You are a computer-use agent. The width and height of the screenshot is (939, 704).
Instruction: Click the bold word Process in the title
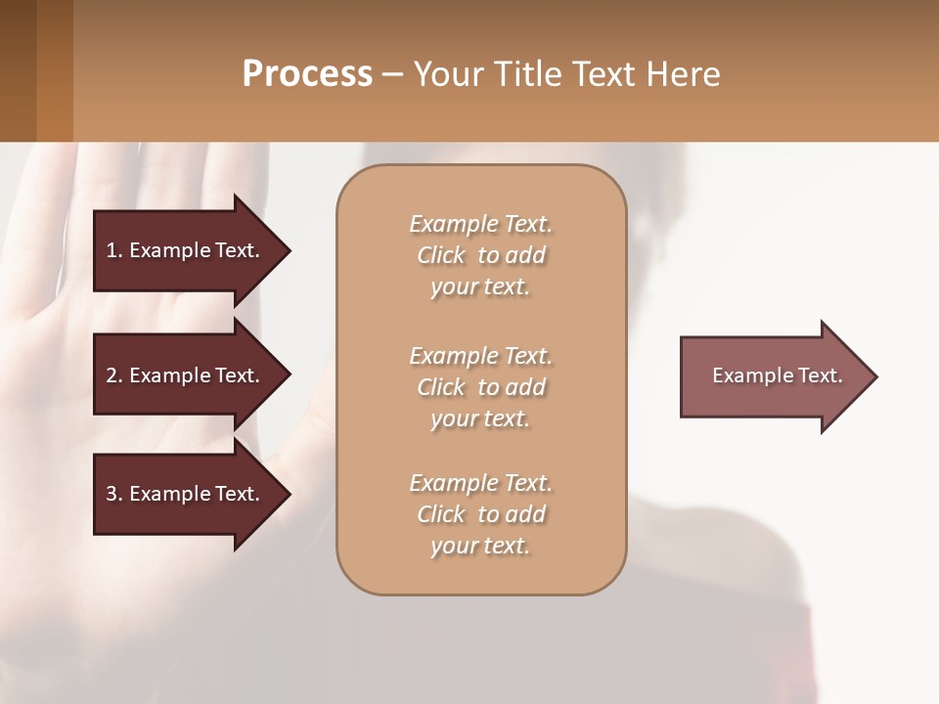pyautogui.click(x=307, y=73)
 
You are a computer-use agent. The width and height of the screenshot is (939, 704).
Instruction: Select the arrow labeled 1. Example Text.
pyautogui.click(x=186, y=250)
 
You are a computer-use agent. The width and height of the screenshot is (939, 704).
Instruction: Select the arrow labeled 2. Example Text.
pyautogui.click(x=186, y=375)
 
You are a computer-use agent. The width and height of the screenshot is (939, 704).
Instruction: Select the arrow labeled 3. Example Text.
pyautogui.click(x=186, y=494)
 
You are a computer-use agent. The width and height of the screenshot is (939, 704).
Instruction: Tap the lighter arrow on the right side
pyautogui.click(x=773, y=375)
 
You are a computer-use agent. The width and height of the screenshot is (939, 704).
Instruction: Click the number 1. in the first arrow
pyautogui.click(x=114, y=250)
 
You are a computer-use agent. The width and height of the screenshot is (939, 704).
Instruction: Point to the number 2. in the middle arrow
pyautogui.click(x=114, y=375)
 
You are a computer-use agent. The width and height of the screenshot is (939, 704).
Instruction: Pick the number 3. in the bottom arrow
pyautogui.click(x=114, y=494)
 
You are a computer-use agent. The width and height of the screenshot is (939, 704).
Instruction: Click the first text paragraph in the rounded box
pyautogui.click(x=480, y=255)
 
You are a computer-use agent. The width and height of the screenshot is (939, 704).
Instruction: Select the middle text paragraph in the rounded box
pyautogui.click(x=480, y=387)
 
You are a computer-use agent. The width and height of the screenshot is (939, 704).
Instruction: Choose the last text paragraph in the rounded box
pyautogui.click(x=480, y=514)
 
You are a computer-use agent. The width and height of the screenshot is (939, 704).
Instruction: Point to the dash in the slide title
pyautogui.click(x=392, y=74)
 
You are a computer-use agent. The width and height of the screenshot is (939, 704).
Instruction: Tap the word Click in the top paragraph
pyautogui.click(x=440, y=255)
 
